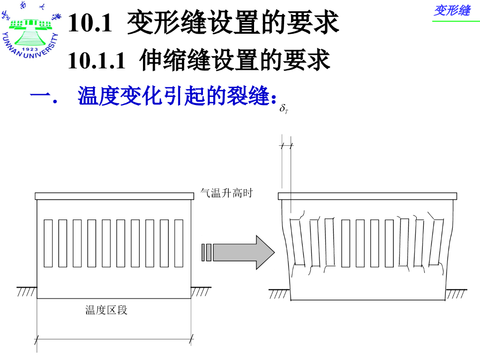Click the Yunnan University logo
point(30,30)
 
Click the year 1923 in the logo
point(30,49)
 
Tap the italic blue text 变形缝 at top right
point(452,10)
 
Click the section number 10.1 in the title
point(90,23)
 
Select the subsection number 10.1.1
point(97,60)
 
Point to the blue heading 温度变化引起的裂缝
point(173,96)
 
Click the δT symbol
point(284,109)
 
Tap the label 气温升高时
point(226,193)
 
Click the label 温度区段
point(106,310)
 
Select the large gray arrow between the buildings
point(238,252)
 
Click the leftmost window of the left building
point(48,243)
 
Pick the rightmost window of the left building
point(179,243)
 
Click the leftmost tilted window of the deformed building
point(297,242)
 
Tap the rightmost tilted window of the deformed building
point(436,242)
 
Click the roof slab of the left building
point(114,196)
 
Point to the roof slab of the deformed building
point(367,196)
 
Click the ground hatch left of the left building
point(27,292)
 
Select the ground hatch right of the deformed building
point(456,293)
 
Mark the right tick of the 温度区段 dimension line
point(191,339)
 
